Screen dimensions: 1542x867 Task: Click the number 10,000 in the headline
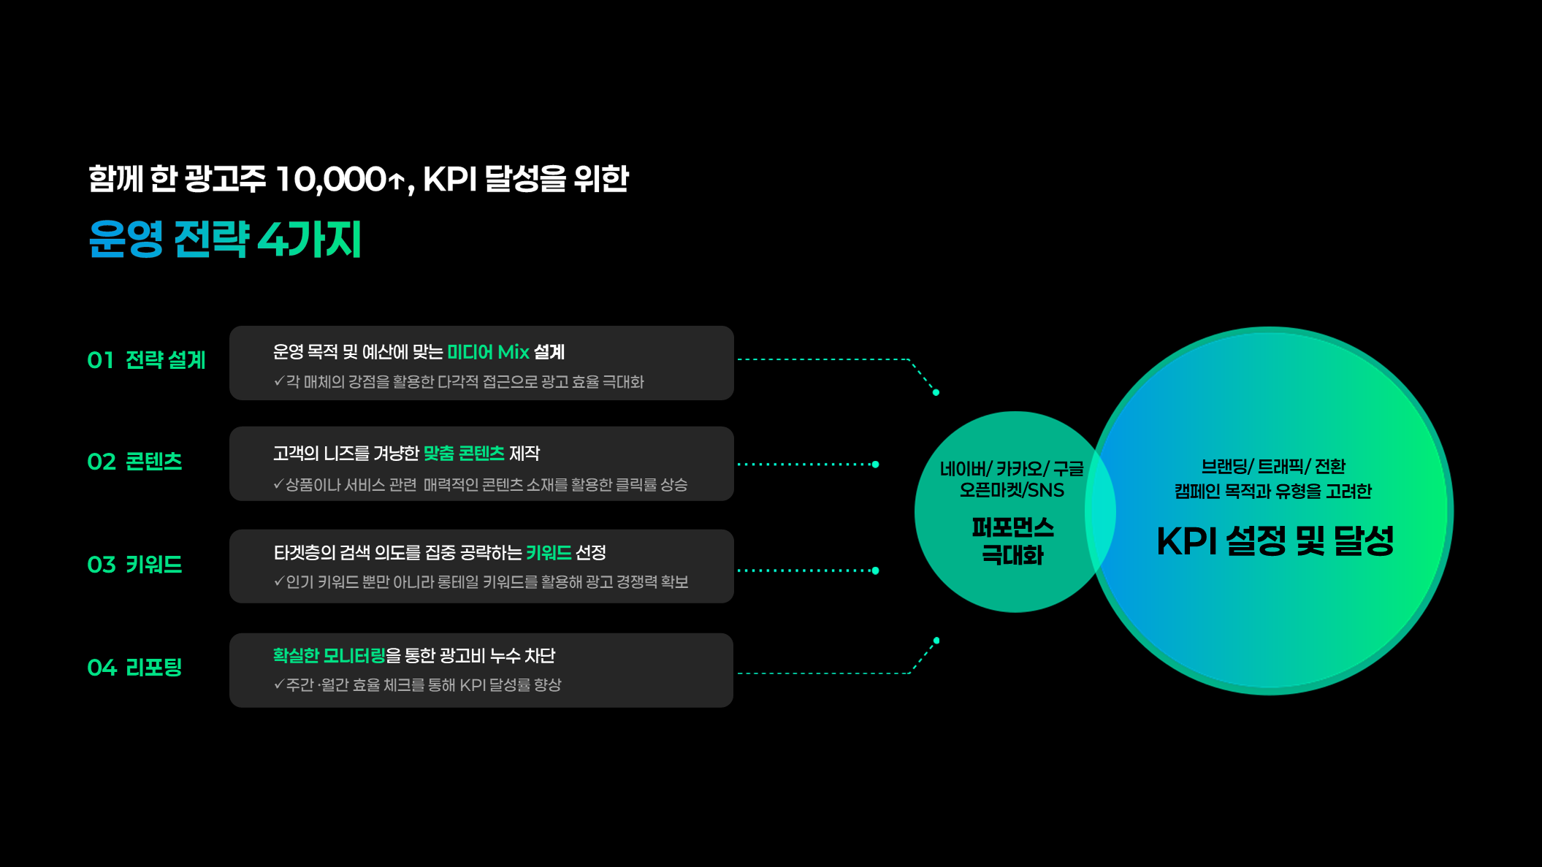coord(330,180)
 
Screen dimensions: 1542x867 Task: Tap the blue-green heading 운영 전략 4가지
coord(225,239)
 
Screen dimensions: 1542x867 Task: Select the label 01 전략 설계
coord(146,360)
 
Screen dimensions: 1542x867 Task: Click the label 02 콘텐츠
coord(134,462)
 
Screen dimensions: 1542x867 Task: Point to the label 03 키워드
coord(134,565)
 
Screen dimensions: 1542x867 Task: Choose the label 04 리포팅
coord(134,668)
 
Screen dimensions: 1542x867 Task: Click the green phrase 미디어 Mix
coord(488,352)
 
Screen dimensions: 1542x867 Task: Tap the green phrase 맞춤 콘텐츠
coord(464,454)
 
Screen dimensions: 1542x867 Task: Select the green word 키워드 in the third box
coord(549,553)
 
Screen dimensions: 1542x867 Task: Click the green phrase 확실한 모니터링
coord(329,656)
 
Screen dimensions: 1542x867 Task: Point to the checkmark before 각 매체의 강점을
coord(278,381)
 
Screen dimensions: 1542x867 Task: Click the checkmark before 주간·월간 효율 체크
coord(278,684)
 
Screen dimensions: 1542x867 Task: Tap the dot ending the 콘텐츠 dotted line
coord(875,465)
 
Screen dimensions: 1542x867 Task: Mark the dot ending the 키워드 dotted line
coord(875,570)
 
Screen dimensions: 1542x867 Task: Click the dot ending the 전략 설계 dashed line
coord(936,393)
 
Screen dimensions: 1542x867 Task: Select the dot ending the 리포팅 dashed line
coord(936,641)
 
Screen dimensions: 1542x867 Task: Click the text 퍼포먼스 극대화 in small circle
coord(1012,541)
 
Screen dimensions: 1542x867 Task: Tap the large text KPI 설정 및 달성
coord(1275,541)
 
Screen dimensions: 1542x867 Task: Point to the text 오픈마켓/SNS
coord(1012,490)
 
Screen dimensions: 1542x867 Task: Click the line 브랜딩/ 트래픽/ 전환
coord(1273,467)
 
